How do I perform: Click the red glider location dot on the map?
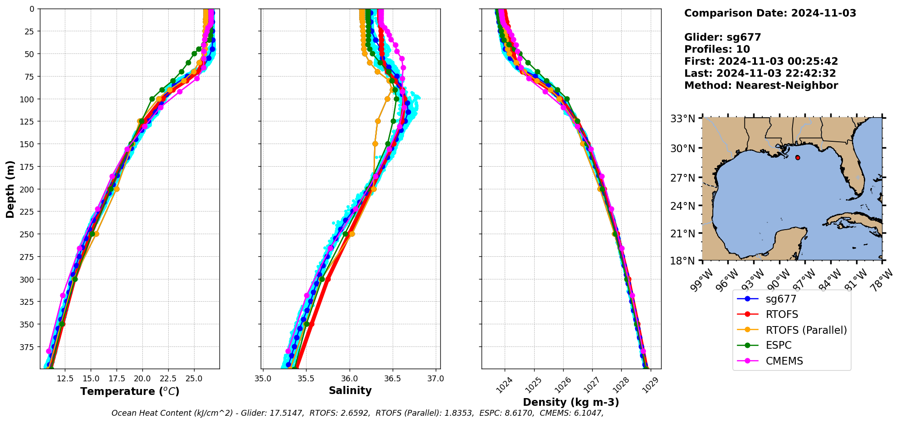click(798, 158)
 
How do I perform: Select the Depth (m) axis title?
click(10, 189)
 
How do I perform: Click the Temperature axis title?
click(130, 391)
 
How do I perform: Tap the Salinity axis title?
click(350, 390)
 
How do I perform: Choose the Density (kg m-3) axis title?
click(571, 402)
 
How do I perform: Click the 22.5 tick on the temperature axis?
click(168, 378)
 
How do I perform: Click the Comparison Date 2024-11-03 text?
click(770, 13)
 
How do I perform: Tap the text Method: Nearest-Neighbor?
click(761, 85)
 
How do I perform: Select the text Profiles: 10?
click(717, 49)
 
